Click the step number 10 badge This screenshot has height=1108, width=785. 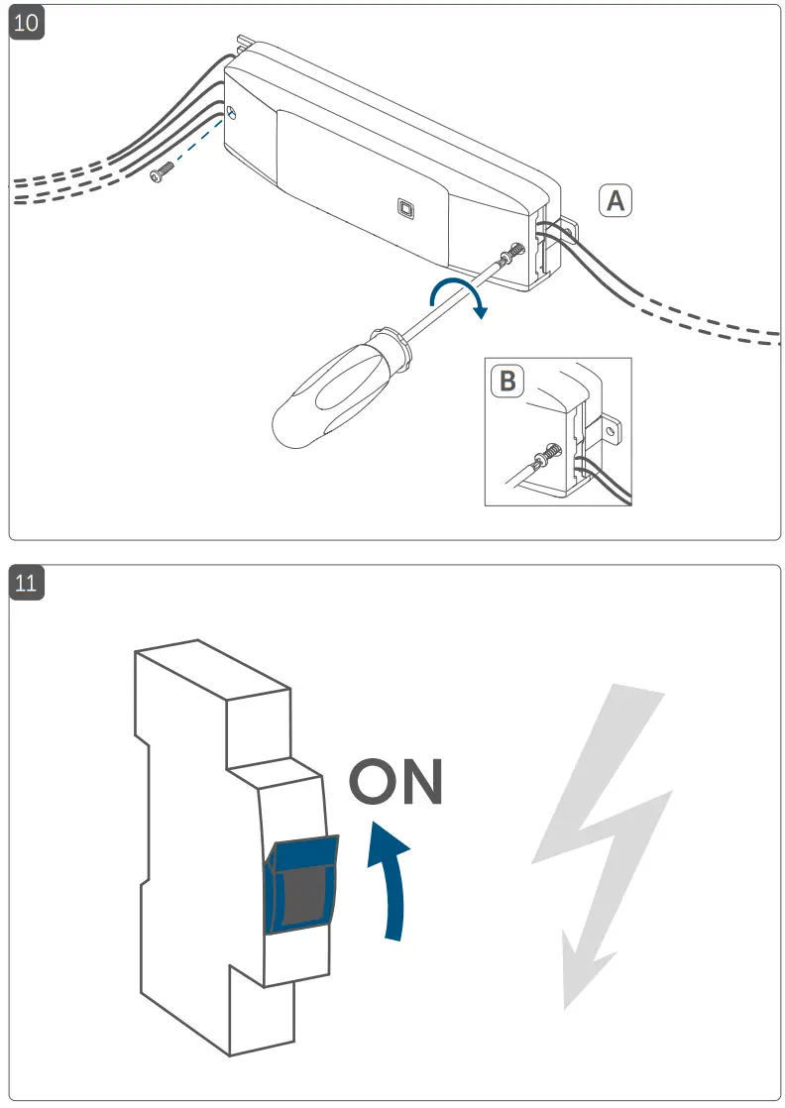tap(27, 23)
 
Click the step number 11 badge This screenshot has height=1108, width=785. tap(27, 583)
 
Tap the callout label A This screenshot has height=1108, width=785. tap(615, 200)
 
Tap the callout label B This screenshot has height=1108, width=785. tap(507, 380)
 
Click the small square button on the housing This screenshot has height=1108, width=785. tap(405, 208)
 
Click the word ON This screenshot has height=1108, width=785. tap(394, 782)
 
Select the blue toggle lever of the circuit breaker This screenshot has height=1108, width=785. tap(302, 882)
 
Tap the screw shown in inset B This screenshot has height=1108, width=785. tap(544, 458)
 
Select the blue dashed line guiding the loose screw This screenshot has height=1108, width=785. tap(198, 143)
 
